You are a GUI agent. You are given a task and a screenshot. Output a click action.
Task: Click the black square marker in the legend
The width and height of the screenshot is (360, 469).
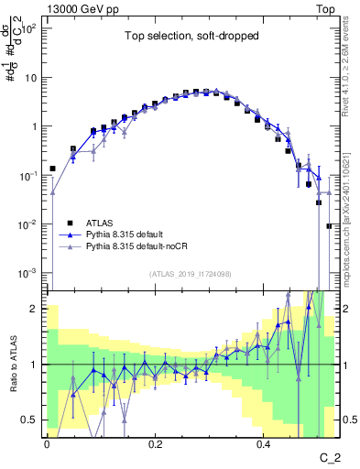(70, 222)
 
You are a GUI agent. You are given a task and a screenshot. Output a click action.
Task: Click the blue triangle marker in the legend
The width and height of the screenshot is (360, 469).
(70, 234)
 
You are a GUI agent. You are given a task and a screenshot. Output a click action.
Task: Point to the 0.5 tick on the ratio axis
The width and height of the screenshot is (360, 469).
(33, 420)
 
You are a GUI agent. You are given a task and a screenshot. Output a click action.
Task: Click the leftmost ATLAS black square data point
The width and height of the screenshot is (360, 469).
(52, 169)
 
